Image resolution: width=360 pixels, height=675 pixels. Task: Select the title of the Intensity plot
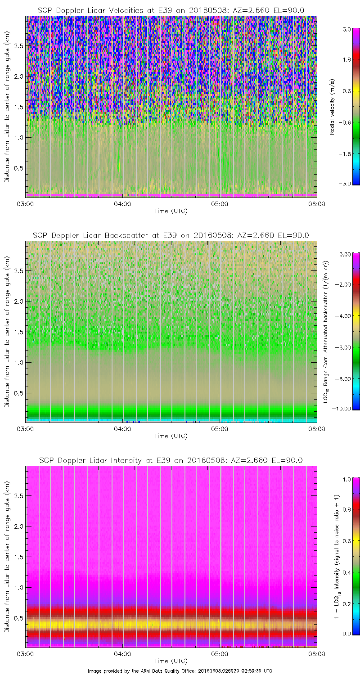tap(171, 460)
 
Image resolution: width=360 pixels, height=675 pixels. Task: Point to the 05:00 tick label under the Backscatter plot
tap(220, 429)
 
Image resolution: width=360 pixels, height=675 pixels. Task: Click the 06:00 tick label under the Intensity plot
tap(317, 654)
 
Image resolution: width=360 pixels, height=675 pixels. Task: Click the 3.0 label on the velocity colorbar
tap(346, 28)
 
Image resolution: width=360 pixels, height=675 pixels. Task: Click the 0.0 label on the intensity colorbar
tap(346, 634)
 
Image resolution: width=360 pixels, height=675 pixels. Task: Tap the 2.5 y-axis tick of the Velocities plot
tap(18, 46)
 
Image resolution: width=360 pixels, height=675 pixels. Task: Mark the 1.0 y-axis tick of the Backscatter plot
tap(18, 362)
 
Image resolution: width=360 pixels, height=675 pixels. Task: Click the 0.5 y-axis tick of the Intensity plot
tap(18, 618)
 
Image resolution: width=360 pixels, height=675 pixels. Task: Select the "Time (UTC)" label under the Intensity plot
tap(171, 661)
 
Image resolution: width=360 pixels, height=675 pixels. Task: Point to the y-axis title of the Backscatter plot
tap(7, 331)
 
